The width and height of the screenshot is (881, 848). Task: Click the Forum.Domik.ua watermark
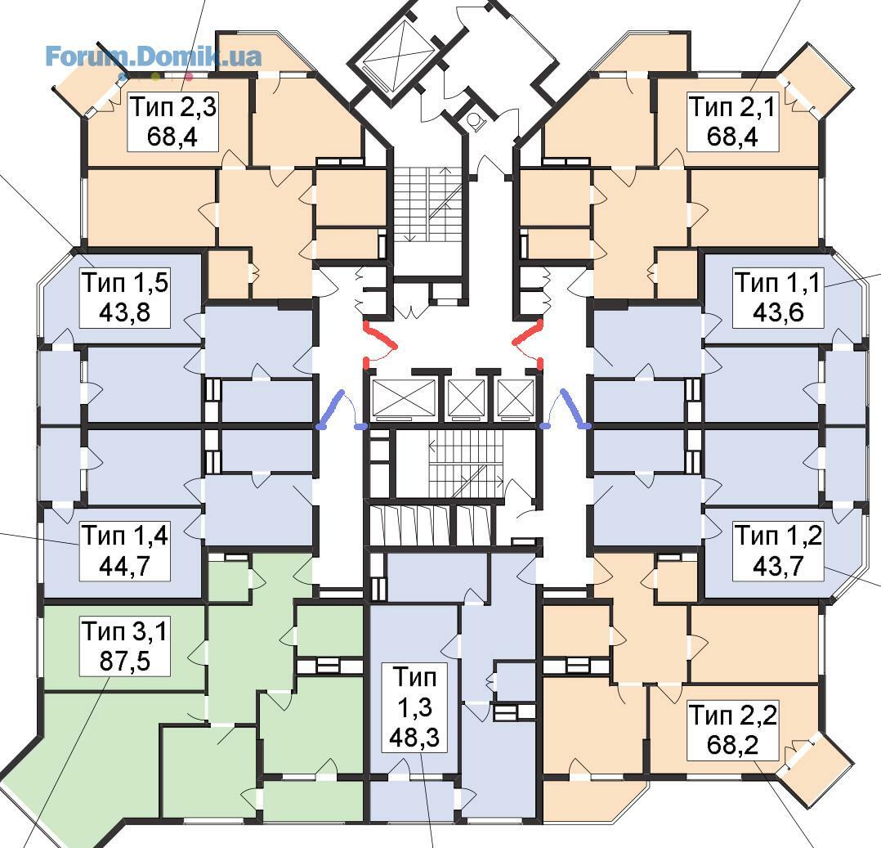[x=153, y=57]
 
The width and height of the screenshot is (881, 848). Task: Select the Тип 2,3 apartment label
[x=172, y=122]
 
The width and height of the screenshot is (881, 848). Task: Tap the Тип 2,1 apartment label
[x=732, y=122]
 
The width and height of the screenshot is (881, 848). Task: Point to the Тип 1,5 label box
[x=125, y=298]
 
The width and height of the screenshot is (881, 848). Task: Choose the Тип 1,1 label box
[x=778, y=298]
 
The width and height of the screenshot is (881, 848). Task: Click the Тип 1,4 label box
[x=125, y=550]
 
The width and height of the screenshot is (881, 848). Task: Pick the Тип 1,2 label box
[x=778, y=550]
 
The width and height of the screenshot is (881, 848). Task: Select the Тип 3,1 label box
[x=125, y=646]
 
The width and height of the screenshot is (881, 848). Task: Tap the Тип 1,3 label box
[x=414, y=707]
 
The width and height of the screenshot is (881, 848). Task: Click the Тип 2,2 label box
[x=732, y=730]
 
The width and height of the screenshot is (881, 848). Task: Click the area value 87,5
[x=125, y=662]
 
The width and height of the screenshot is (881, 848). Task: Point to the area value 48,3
[x=414, y=738]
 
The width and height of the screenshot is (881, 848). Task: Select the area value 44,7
[x=125, y=566]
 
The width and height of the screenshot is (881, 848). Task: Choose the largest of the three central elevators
[x=404, y=399]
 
